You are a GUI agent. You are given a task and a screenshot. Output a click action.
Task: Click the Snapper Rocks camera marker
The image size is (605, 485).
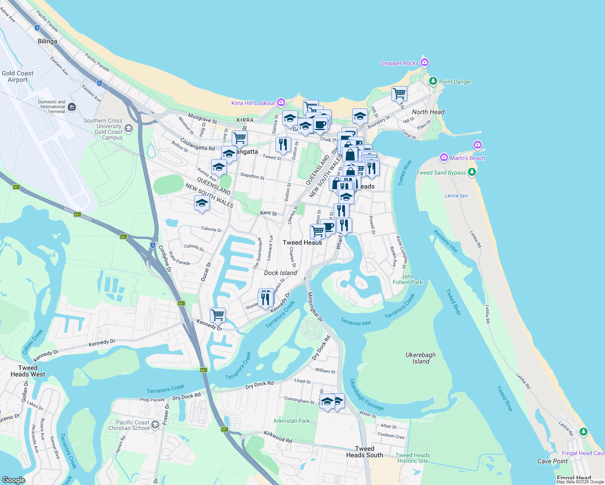[x=424, y=62]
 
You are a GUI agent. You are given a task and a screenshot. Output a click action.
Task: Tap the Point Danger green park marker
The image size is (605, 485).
[x=433, y=81]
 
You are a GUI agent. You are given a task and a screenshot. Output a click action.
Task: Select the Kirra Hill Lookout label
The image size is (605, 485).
[x=253, y=103]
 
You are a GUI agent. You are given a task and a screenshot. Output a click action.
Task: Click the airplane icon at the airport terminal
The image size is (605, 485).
[x=72, y=107]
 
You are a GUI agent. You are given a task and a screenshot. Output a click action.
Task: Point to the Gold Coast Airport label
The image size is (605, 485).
[x=17, y=76]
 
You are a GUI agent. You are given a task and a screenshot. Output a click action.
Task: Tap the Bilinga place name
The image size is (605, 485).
[x=47, y=41]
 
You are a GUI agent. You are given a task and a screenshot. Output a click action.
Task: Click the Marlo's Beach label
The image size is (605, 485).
[x=467, y=158]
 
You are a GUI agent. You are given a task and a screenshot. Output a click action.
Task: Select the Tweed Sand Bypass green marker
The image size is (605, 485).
[x=472, y=172]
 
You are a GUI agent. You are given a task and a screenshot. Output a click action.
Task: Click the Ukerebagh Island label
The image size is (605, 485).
[x=421, y=358]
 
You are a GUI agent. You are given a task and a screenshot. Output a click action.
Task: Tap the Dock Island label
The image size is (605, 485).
[x=280, y=273]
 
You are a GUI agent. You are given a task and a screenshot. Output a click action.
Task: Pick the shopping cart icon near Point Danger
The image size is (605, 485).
[x=399, y=93]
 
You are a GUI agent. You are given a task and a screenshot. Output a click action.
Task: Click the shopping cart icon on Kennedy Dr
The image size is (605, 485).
[x=218, y=314]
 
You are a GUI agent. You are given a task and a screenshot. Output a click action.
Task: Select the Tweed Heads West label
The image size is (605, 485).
[x=28, y=371]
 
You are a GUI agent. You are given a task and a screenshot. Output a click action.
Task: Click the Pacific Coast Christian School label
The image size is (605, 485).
[x=129, y=425]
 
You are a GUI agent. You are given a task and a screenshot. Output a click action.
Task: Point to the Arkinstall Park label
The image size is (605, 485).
[x=291, y=421]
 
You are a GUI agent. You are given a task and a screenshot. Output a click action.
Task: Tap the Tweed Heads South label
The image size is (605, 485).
[x=364, y=452]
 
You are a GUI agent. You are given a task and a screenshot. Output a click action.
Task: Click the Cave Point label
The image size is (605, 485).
[x=552, y=461]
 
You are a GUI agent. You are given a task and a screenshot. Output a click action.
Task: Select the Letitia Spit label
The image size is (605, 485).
[x=456, y=196]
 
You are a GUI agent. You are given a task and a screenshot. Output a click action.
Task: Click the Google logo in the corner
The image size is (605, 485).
[x=13, y=480]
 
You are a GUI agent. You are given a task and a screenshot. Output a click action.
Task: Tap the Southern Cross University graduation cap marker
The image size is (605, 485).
[x=129, y=129]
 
